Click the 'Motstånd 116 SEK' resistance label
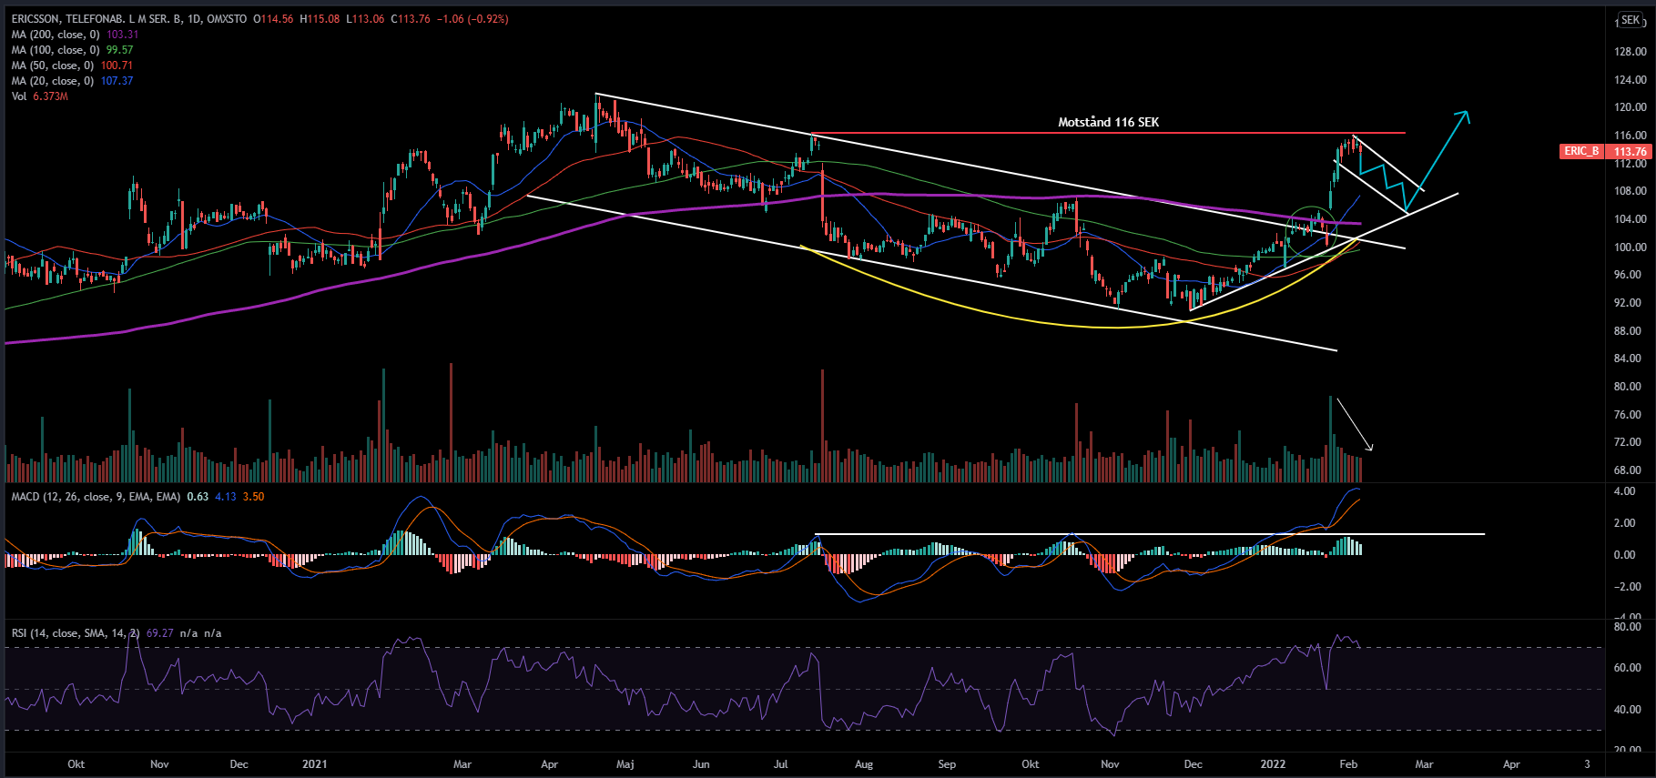point(1108,122)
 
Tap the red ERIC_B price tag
point(1581,151)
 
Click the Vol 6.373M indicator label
point(39,96)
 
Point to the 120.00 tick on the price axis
point(1630,107)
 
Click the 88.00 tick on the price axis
point(1630,330)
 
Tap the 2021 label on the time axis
point(314,764)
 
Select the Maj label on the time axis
point(625,764)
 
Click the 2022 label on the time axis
point(1273,764)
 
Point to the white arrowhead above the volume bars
point(1369,447)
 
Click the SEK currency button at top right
point(1630,20)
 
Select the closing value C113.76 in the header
point(411,19)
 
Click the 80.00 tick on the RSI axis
point(1628,627)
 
